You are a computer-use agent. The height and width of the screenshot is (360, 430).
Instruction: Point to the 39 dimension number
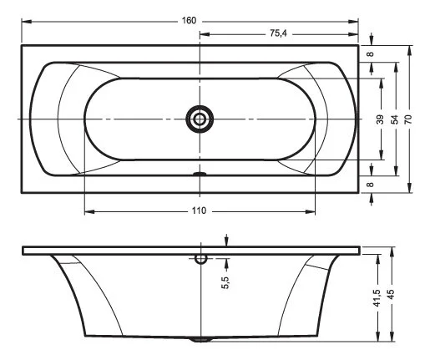381,119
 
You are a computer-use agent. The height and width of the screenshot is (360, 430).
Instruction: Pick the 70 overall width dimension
409,119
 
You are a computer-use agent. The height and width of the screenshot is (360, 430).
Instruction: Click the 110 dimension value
199,210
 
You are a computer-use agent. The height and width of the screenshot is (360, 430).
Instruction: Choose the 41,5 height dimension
377,297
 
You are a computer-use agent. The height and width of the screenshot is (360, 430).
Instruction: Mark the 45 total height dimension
392,297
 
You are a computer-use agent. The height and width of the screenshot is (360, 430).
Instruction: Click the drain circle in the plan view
200,119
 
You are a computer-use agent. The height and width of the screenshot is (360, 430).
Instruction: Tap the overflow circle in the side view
200,258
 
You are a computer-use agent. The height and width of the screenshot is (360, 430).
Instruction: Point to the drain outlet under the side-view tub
199,340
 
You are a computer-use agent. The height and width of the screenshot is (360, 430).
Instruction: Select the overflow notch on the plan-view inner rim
199,175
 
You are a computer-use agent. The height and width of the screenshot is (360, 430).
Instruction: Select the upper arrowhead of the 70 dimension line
409,49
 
